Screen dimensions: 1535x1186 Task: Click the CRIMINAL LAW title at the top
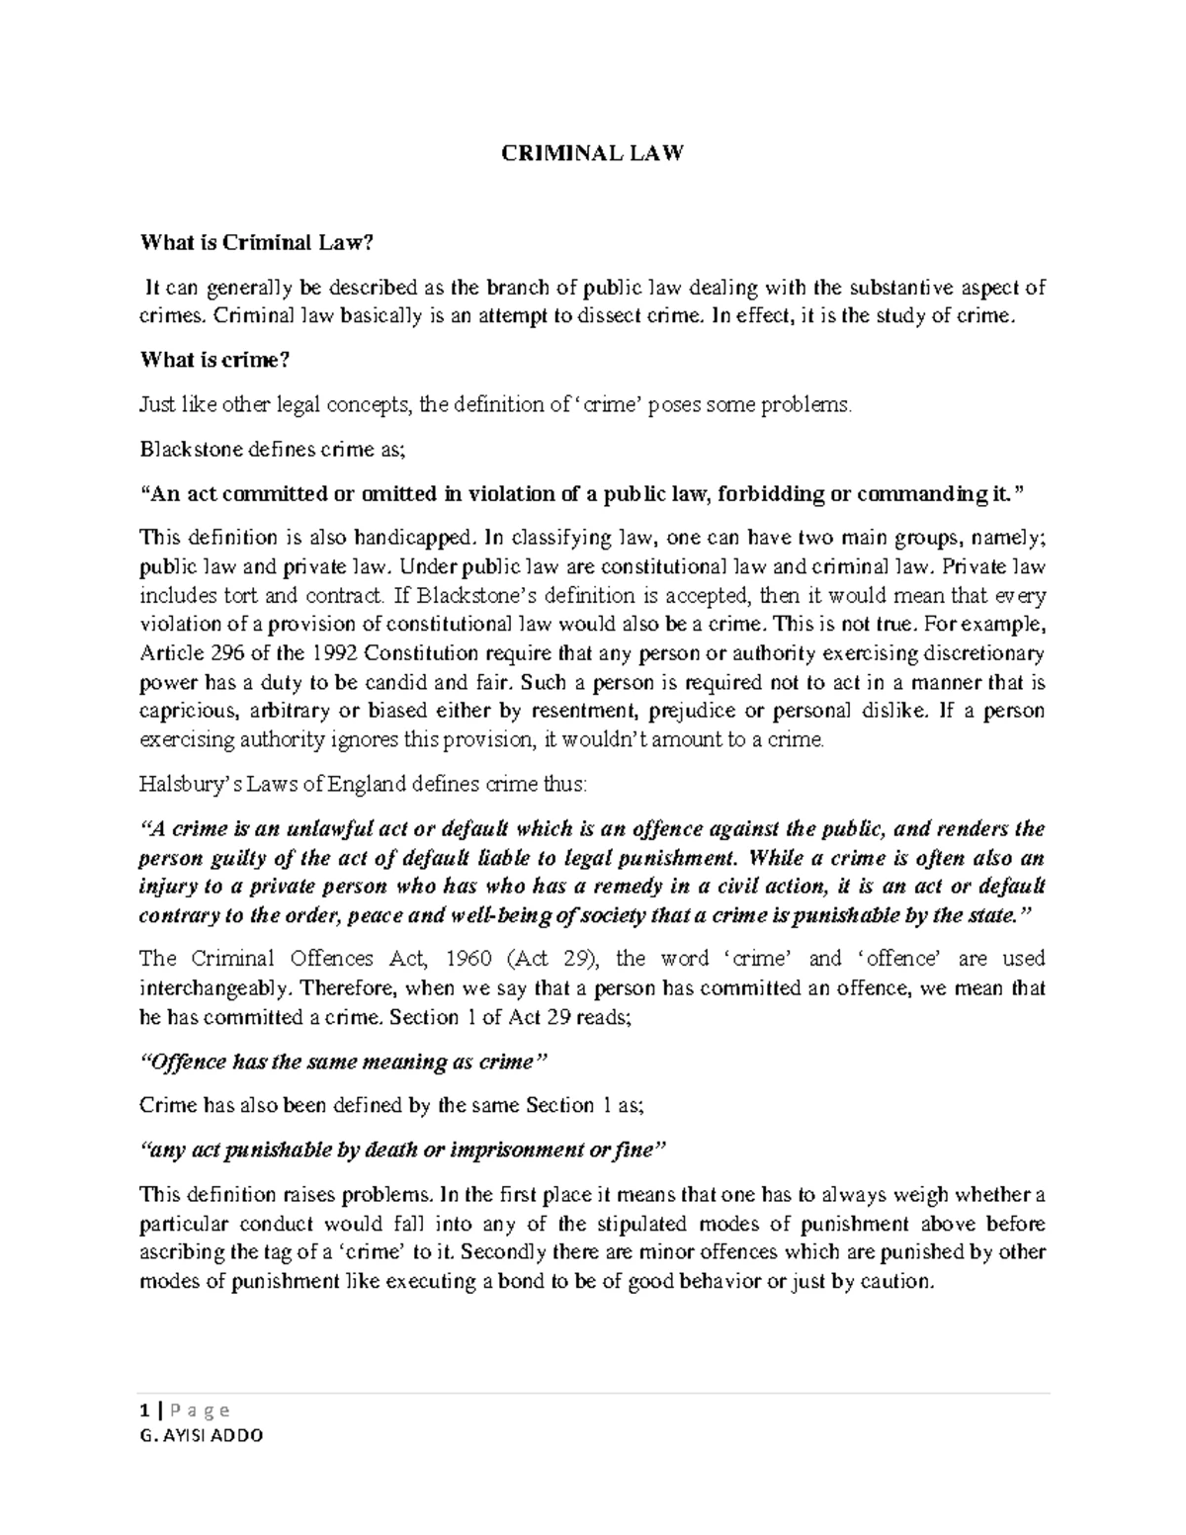pos(592,154)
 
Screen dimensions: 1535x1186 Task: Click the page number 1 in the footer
pos(145,1409)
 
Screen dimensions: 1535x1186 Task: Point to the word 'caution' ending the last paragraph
pos(897,1283)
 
